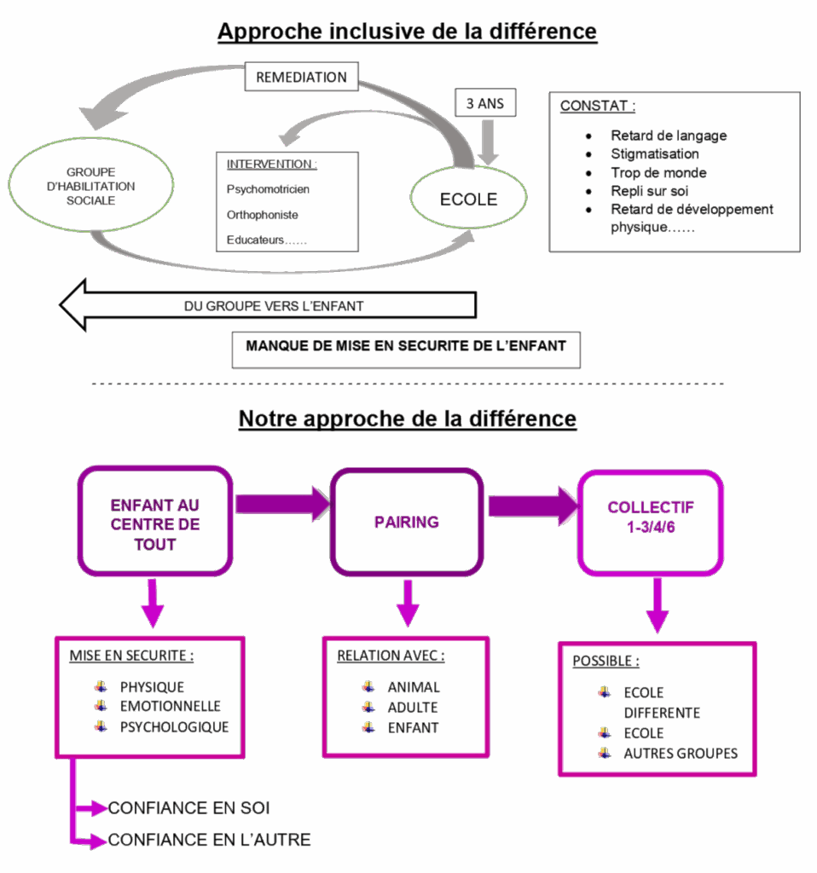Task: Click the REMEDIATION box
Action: point(302,77)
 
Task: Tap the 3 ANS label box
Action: point(484,104)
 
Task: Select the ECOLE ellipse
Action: point(467,199)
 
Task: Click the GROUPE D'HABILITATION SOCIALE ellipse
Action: point(91,185)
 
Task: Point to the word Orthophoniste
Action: point(262,215)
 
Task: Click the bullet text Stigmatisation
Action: point(654,154)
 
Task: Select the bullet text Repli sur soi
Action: point(649,191)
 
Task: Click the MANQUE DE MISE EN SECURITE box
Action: point(406,347)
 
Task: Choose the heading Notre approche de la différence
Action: point(408,419)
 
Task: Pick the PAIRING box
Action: point(407,522)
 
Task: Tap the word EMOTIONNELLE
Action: point(170,707)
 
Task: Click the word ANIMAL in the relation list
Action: point(414,687)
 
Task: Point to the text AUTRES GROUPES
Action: point(681,754)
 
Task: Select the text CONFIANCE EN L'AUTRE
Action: point(209,841)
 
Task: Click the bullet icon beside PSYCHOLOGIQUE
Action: point(101,726)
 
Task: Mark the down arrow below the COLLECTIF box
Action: point(656,605)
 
